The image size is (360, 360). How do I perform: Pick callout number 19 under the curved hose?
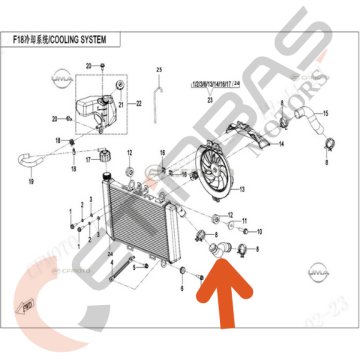point(31,183)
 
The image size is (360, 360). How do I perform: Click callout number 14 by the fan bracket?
point(281,144)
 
